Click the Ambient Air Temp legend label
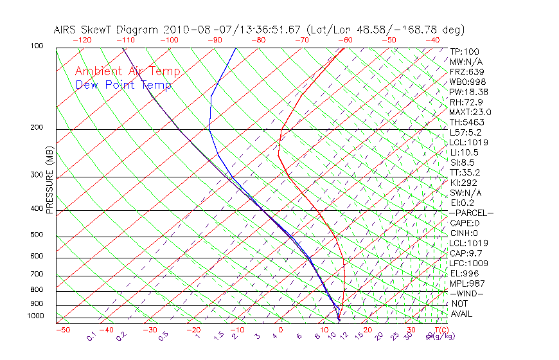(x=127, y=71)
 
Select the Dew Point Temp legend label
(x=123, y=85)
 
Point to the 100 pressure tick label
(x=37, y=46)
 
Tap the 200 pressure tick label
(x=37, y=128)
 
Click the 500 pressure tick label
(x=37, y=235)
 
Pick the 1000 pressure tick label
(x=35, y=316)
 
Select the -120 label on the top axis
(x=82, y=40)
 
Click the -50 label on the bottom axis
(x=62, y=330)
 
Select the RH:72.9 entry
(x=466, y=102)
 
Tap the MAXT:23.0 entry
(x=470, y=112)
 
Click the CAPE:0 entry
(x=465, y=223)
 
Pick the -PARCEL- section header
(x=471, y=213)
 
